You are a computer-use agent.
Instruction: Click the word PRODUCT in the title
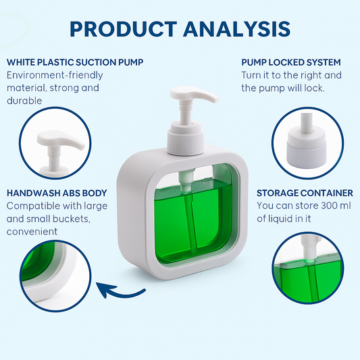coord(124,29)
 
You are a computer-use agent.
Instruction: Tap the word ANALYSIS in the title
coord(237,29)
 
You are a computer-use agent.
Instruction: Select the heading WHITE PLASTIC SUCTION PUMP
coord(75,62)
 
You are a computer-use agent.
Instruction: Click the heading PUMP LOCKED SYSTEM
coord(291,62)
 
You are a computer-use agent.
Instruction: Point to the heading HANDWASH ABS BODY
coord(57,193)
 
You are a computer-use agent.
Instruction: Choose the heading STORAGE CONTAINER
coord(305,193)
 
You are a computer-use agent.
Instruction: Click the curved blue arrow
coord(120,290)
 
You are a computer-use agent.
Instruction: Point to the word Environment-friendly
coord(55,75)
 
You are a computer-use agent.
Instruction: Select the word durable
coord(24,101)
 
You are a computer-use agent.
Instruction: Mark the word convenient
coord(32,232)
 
